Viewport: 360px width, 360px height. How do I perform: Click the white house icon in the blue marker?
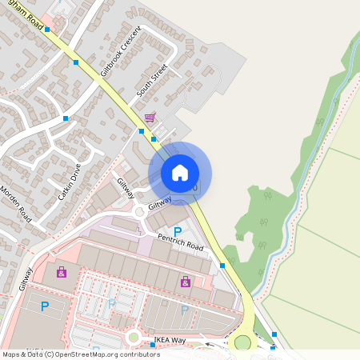click(x=180, y=173)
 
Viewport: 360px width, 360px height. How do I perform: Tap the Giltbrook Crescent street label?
click(x=120, y=51)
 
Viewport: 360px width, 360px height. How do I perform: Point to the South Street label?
click(x=152, y=81)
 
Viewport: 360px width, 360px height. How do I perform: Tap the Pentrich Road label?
click(x=181, y=241)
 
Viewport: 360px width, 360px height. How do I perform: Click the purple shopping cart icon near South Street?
click(x=150, y=118)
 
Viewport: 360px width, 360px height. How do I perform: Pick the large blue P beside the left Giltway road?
click(x=45, y=306)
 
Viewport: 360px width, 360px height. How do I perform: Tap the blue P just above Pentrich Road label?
click(x=177, y=230)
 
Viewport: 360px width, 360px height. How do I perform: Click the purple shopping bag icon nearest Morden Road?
click(x=62, y=273)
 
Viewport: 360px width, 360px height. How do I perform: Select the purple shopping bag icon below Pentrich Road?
click(x=186, y=282)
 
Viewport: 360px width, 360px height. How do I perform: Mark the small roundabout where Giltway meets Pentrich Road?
click(x=141, y=213)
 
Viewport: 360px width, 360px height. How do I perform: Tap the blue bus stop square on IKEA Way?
click(x=153, y=345)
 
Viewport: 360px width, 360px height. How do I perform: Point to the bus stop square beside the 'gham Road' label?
click(x=47, y=29)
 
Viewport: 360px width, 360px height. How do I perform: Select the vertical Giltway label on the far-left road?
click(x=25, y=278)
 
